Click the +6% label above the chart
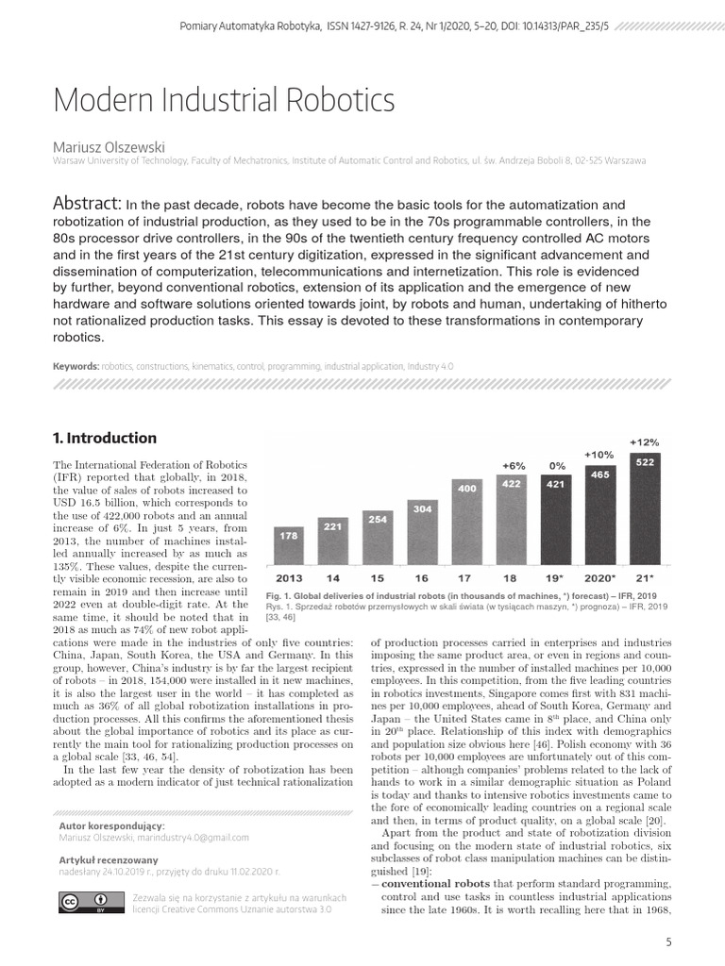click(x=513, y=465)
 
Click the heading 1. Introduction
click(x=105, y=438)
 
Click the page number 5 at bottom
click(x=668, y=941)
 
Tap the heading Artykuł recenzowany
click(x=109, y=860)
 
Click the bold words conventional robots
click(x=430, y=883)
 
